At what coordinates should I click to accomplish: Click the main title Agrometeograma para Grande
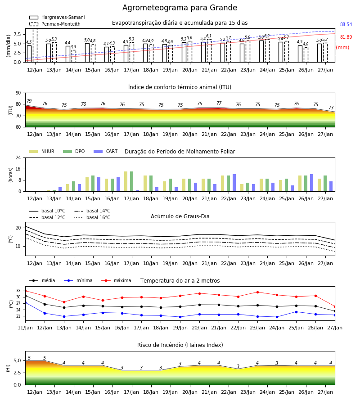pyautogui.click(x=180, y=8)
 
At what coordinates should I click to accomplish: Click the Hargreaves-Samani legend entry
pyautogui.click(x=57, y=17)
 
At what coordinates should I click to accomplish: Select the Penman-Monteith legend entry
pyautogui.click(x=55, y=24)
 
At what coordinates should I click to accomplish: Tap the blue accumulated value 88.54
pyautogui.click(x=346, y=25)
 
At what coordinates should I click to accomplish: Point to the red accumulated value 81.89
pyautogui.click(x=346, y=37)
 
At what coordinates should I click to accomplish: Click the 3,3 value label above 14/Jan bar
pyautogui.click(x=73, y=47)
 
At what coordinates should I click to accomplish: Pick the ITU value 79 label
pyautogui.click(x=29, y=101)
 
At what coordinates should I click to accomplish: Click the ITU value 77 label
pyautogui.click(x=219, y=103)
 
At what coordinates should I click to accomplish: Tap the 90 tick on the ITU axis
pyautogui.click(x=18, y=93)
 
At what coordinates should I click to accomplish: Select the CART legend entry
pyautogui.click(x=106, y=151)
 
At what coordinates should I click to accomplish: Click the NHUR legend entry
pyautogui.click(x=42, y=151)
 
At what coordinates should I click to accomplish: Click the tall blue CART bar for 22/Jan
pyautogui.click(x=234, y=183)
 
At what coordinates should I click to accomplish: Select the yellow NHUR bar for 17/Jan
pyautogui.click(x=126, y=181)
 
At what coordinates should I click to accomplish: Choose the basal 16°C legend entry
pyautogui.click(x=92, y=217)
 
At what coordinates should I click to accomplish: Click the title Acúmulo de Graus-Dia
pyautogui.click(x=180, y=216)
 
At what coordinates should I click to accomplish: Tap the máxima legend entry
pyautogui.click(x=116, y=280)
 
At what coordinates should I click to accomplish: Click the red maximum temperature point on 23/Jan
pyautogui.click(x=257, y=292)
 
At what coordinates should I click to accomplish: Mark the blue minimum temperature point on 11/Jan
pyautogui.click(x=25, y=302)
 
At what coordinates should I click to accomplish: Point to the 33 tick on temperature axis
pyautogui.click(x=18, y=291)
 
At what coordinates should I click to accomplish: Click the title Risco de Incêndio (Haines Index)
pyautogui.click(x=180, y=345)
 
